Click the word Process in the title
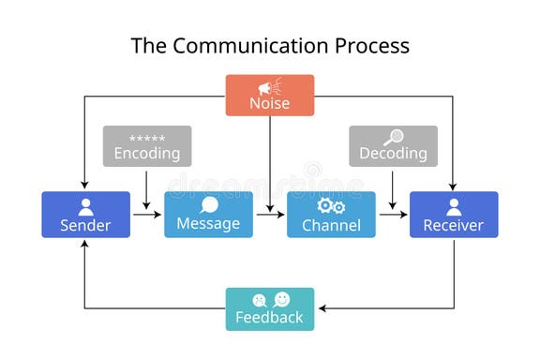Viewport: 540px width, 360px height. tap(371, 45)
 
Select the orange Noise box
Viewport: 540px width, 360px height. tap(270, 96)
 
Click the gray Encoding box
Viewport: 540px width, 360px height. tap(147, 146)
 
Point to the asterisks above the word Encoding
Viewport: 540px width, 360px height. tap(147, 138)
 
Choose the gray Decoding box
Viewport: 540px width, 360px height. tap(393, 146)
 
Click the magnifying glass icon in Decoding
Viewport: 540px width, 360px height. tap(394, 137)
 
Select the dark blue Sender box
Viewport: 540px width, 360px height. tap(85, 215)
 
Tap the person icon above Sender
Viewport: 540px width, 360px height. tap(85, 206)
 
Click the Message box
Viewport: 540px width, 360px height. tap(208, 215)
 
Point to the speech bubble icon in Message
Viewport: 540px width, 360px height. tap(208, 205)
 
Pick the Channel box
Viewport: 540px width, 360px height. tap(331, 215)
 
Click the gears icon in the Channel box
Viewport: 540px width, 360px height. tap(331, 206)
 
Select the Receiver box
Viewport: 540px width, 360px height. tap(454, 215)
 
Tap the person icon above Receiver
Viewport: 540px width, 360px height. tap(454, 206)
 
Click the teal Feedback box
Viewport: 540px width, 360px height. tap(270, 309)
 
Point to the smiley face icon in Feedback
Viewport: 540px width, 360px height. tap(281, 299)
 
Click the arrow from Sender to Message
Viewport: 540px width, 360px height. tap(147, 215)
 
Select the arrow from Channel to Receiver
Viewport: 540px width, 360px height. tap(393, 215)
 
